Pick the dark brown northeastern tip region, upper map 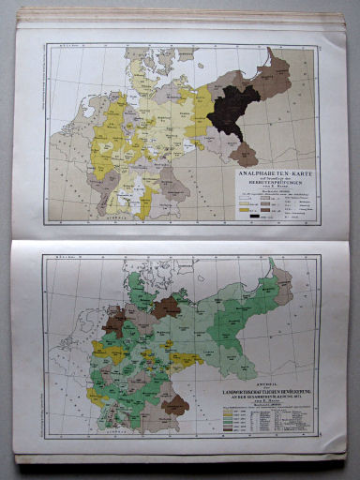(x=279, y=66)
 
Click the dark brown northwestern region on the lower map (x=115, y=324)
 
